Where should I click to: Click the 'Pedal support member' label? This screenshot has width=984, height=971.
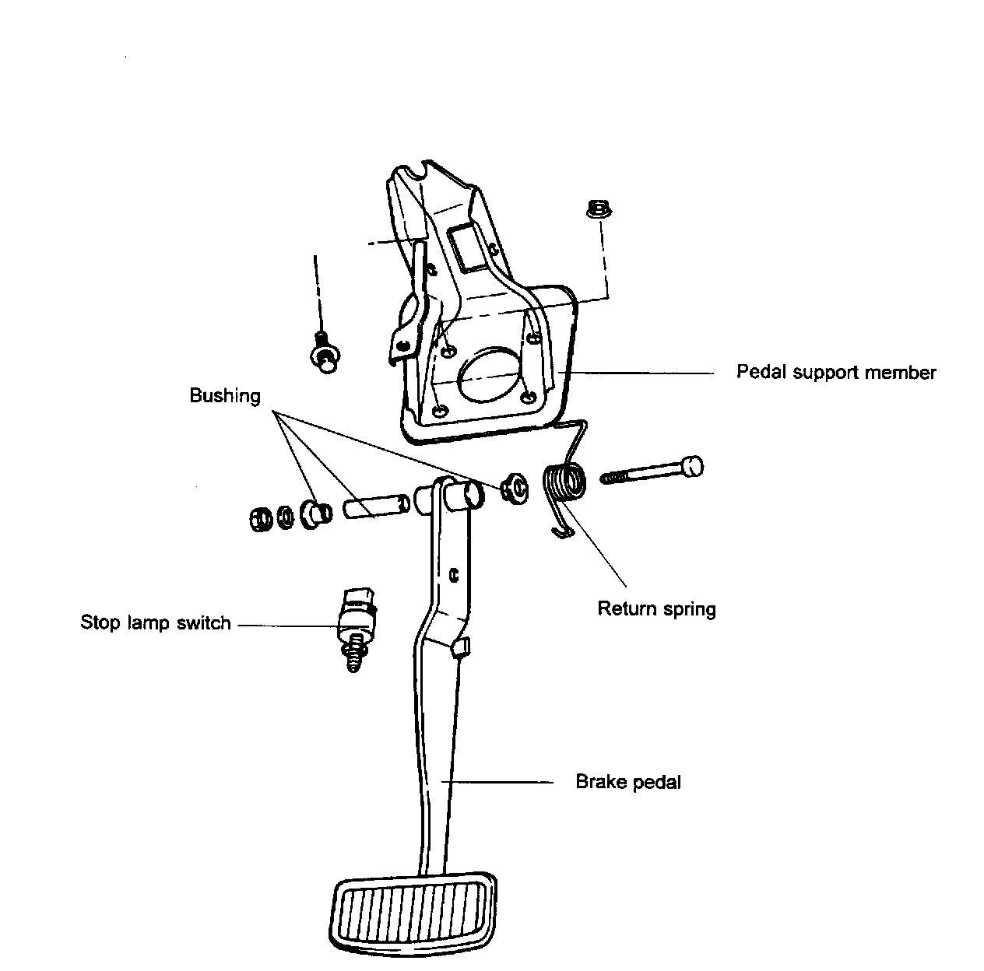click(x=836, y=373)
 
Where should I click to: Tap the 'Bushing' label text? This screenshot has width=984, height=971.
click(x=225, y=396)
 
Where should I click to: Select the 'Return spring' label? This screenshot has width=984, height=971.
click(x=656, y=608)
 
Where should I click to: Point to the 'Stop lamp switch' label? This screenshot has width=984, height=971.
click(x=156, y=623)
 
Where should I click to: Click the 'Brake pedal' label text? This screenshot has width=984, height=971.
click(x=627, y=782)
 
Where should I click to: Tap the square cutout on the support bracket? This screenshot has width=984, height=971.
click(x=469, y=247)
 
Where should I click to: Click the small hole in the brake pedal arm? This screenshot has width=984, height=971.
click(x=454, y=576)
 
